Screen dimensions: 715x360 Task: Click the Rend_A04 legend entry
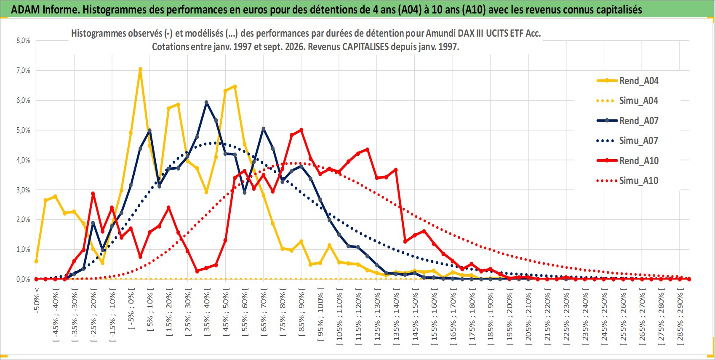(x=627, y=81)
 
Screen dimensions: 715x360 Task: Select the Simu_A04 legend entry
(x=627, y=101)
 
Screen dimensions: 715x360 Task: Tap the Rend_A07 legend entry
(x=627, y=121)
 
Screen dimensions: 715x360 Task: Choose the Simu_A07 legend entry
(x=627, y=141)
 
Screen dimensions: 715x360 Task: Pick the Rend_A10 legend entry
(x=627, y=160)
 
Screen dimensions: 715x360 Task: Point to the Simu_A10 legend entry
(x=627, y=181)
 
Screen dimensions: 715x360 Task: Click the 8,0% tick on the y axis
(x=23, y=40)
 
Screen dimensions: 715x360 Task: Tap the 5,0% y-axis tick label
(x=23, y=130)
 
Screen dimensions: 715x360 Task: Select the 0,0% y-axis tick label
(x=23, y=279)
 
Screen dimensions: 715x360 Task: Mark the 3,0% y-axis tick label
(x=23, y=190)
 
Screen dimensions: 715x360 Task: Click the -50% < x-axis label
(x=36, y=300)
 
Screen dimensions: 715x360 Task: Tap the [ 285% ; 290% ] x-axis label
(x=680, y=316)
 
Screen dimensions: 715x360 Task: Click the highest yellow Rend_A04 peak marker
(x=140, y=69)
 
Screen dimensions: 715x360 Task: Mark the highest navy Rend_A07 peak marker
(x=206, y=102)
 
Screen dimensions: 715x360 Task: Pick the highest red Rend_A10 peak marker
(x=301, y=130)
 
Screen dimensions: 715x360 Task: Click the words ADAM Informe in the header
(x=44, y=10)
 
